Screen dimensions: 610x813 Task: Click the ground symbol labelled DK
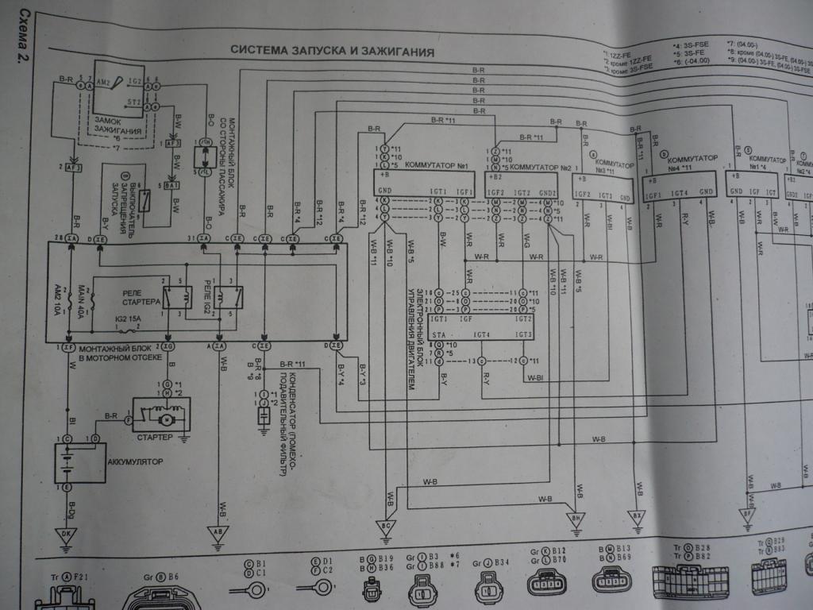click(x=67, y=535)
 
